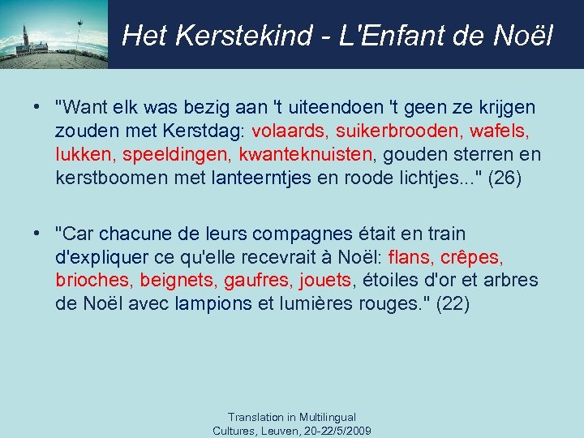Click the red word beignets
(x=177, y=281)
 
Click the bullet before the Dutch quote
(x=37, y=107)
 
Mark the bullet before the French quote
(x=37, y=234)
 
